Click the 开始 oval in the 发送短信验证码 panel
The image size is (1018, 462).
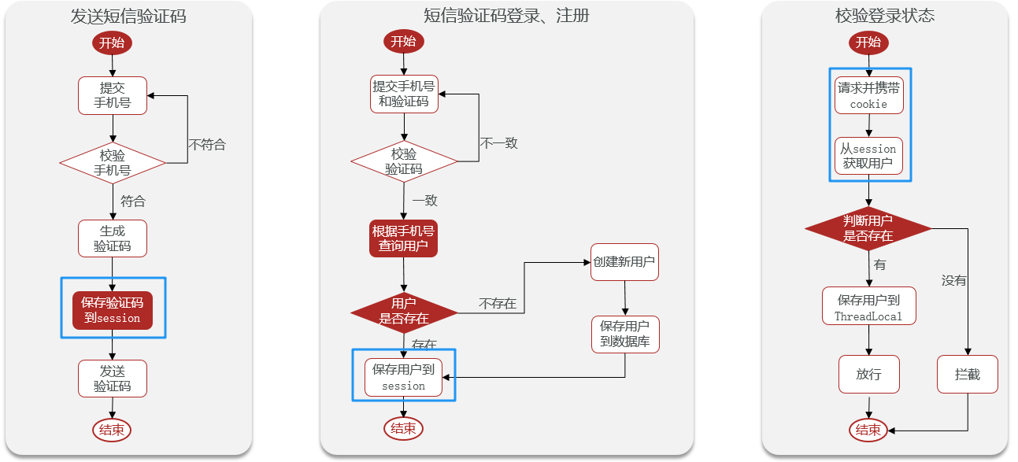coord(112,43)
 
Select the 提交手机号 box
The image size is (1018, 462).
coord(113,95)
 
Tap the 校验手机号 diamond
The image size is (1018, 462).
coord(113,163)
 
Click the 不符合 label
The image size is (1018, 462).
coord(207,145)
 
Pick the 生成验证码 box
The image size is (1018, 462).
coord(113,238)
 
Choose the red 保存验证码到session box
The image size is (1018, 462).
coord(113,310)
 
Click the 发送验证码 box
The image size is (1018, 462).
coord(113,379)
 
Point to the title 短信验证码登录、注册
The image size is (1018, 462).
coord(506,16)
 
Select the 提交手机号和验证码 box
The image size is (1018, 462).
coord(404,94)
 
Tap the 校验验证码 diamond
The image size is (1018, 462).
coord(404,161)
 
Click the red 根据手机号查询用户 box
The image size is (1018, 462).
coord(404,238)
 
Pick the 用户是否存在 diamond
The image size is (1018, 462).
coord(404,313)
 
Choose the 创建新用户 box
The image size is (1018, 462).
coord(624,262)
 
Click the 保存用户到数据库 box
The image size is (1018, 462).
coord(625,334)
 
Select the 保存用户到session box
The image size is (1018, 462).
coord(404,378)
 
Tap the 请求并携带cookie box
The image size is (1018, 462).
coord(869,95)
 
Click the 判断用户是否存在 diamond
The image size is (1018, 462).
coord(868,228)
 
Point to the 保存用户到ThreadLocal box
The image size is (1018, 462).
coord(869,305)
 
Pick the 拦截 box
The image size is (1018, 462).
coord(968,375)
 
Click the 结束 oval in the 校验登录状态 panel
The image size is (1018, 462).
coord(868,430)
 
